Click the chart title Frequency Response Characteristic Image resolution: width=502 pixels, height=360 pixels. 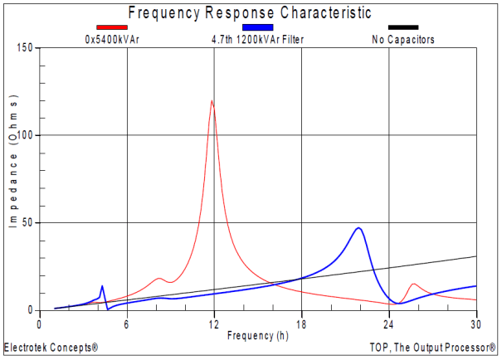click(250, 13)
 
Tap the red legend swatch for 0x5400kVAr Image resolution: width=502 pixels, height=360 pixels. click(111, 27)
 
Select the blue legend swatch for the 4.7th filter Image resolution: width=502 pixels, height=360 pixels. click(258, 27)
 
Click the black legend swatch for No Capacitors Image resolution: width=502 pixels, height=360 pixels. click(403, 27)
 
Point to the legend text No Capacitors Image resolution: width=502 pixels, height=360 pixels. click(403, 38)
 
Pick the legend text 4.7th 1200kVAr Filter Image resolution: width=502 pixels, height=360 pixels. click(258, 38)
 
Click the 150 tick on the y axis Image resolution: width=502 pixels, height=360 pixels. click(25, 48)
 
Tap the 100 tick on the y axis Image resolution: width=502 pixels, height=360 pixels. click(25, 135)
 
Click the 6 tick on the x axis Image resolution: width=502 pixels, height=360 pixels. click(127, 323)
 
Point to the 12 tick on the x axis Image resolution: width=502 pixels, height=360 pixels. click(214, 323)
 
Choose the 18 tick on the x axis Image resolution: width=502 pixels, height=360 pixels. click(301, 323)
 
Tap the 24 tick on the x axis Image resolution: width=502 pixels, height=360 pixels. click(389, 323)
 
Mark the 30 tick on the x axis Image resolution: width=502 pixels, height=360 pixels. click(476, 323)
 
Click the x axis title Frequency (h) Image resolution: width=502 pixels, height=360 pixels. click(261, 335)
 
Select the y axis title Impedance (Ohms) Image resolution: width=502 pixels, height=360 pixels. click(13, 178)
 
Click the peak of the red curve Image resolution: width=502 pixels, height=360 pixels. click(212, 101)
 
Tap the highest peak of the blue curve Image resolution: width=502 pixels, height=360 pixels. click(358, 227)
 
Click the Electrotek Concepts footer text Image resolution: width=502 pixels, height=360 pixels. click(51, 348)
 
